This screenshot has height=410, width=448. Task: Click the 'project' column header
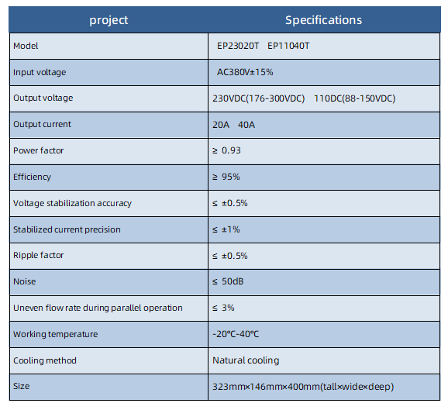(x=109, y=21)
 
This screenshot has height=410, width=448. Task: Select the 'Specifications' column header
(x=323, y=20)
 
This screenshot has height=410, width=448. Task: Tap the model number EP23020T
(x=238, y=46)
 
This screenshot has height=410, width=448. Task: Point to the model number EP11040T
(x=288, y=46)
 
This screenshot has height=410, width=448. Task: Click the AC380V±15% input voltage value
(x=245, y=72)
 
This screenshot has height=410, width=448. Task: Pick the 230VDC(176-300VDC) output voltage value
(x=259, y=98)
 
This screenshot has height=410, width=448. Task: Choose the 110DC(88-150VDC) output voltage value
(x=354, y=98)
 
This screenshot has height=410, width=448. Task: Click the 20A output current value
(x=221, y=125)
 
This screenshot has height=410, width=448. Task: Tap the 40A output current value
(x=246, y=125)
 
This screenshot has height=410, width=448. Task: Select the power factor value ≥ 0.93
(x=226, y=150)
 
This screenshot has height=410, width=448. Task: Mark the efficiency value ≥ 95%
(x=226, y=177)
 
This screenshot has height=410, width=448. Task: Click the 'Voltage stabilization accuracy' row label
(x=72, y=203)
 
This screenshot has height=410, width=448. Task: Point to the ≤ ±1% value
(x=226, y=229)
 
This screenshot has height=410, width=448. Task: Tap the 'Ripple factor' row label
(x=38, y=255)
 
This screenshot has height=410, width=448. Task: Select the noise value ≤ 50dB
(x=228, y=281)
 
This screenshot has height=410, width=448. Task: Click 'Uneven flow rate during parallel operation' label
(x=98, y=308)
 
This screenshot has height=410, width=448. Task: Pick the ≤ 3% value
(x=223, y=308)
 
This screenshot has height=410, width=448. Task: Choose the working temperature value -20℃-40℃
(x=236, y=334)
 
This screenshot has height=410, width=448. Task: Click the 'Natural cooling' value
(x=246, y=360)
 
